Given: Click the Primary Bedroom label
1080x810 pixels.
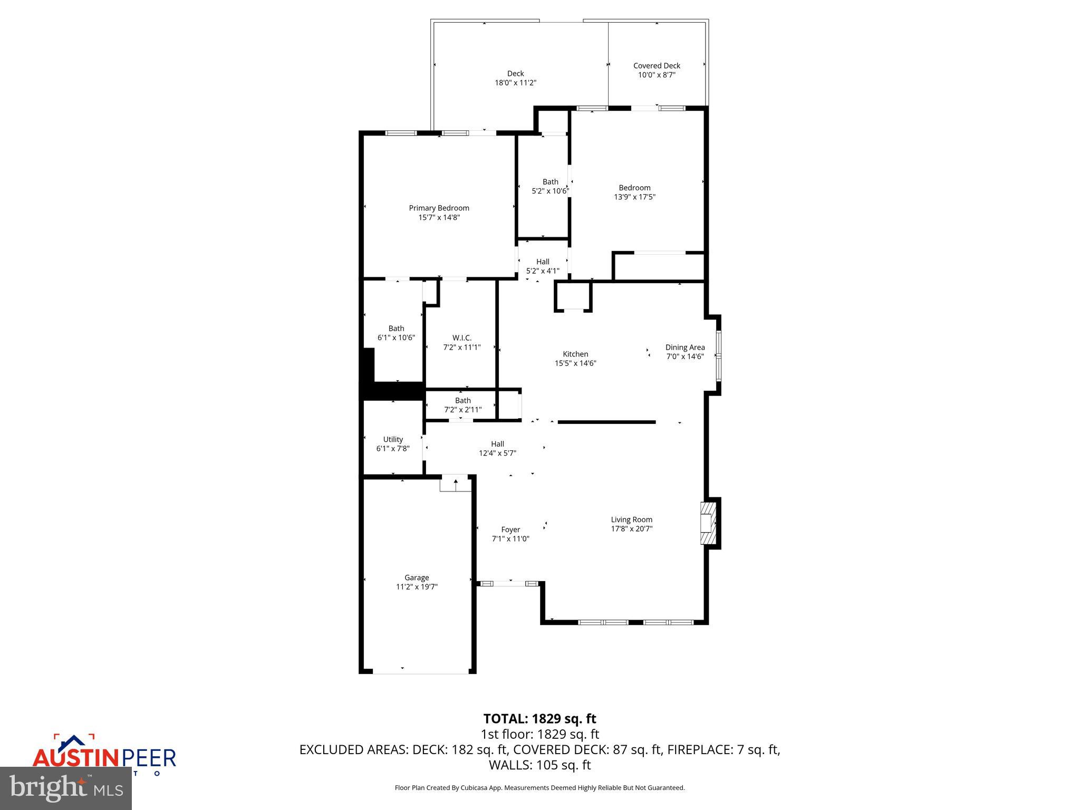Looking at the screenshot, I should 439,208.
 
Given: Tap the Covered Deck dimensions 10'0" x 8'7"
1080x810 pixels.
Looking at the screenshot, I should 657,75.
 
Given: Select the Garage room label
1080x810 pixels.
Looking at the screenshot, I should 417,577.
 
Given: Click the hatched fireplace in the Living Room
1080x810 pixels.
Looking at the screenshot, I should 708,523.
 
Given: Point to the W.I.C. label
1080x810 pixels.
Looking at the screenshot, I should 462,337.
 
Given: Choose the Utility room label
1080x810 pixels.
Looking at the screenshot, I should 393,439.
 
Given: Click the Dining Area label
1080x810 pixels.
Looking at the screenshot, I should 684,347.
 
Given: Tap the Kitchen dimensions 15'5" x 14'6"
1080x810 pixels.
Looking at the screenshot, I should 575,363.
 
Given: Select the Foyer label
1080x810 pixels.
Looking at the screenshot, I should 510,529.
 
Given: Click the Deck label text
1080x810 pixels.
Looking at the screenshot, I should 515,73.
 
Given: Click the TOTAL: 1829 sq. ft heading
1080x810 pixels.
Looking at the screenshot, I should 539,719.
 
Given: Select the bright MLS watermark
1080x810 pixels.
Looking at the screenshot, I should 66,788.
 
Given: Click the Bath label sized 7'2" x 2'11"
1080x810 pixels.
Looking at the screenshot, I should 462,401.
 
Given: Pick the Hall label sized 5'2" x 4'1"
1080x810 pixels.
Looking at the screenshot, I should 543,262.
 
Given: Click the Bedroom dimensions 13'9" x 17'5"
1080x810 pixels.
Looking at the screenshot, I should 634,197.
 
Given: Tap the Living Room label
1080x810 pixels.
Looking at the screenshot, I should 631,519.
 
